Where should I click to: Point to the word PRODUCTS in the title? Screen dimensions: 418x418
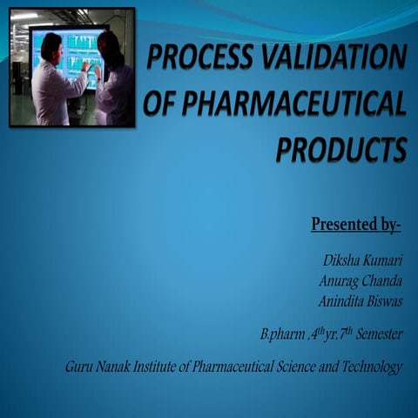[340, 149]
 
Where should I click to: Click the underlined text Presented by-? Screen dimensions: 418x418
[356, 225]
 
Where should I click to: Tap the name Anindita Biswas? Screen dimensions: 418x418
[356, 301]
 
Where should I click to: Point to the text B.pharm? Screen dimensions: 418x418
[278, 334]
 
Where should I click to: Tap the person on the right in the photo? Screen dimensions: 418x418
[112, 83]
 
